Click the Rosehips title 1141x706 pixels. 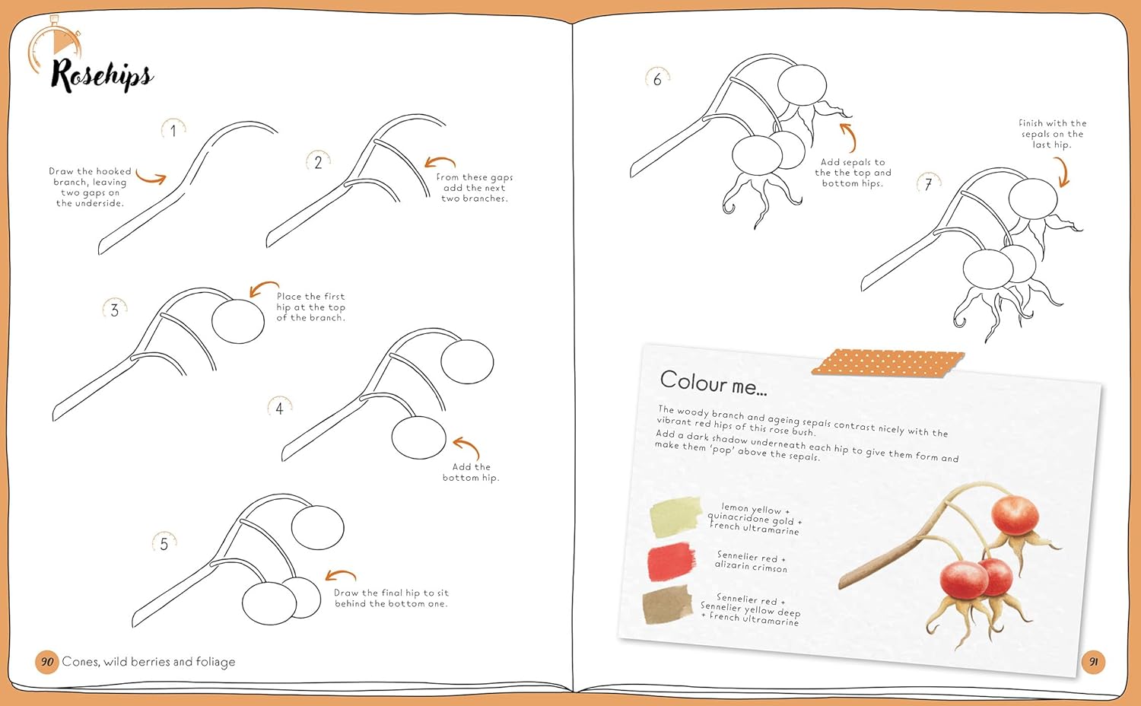pos(102,75)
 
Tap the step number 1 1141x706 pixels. pos(173,131)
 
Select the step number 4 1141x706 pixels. pos(279,409)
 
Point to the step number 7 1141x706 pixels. pos(928,184)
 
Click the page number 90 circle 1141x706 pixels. pos(47,662)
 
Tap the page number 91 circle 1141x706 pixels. pos(1093,662)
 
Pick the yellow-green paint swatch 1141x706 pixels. pos(675,517)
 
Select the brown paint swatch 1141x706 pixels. pos(667,605)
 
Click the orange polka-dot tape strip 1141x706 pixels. pos(888,363)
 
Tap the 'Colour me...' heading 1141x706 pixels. pos(714,383)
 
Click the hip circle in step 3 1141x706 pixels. pos(238,321)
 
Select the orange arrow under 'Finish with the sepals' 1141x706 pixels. pos(1063,172)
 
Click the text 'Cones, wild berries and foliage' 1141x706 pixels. pos(149,662)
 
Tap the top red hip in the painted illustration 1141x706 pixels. pos(1015,516)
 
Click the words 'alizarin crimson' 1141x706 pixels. pos(751,567)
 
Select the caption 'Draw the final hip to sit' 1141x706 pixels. pos(391,593)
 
